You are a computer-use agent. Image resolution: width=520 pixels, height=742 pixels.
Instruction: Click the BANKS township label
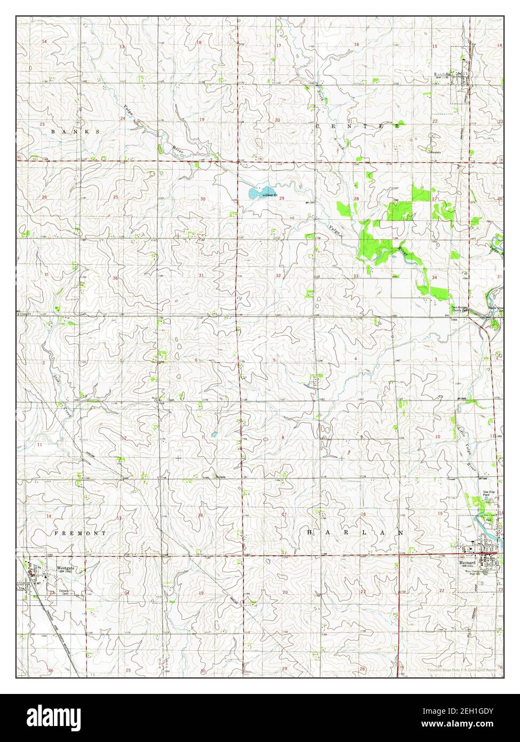pyautogui.click(x=75, y=131)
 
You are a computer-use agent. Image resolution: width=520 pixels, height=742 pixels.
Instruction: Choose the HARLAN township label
pyautogui.click(x=354, y=532)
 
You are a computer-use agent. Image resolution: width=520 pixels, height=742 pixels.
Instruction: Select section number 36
pyautogui.click(x=115, y=278)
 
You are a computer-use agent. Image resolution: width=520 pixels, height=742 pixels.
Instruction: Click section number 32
pyautogui.click(x=278, y=275)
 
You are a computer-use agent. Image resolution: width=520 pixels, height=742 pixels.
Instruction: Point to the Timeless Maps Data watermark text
pyautogui.click(x=462, y=670)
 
